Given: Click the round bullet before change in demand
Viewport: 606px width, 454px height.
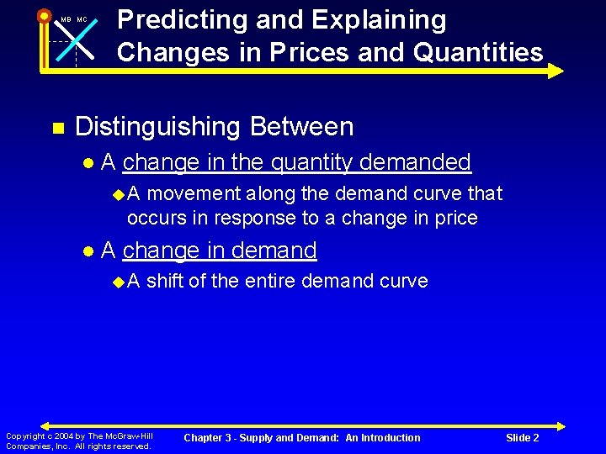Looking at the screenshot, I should click(x=88, y=251).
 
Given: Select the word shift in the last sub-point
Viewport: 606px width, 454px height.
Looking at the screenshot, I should click(x=165, y=281).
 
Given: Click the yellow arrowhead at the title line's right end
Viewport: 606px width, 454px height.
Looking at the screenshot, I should click(x=555, y=71).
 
